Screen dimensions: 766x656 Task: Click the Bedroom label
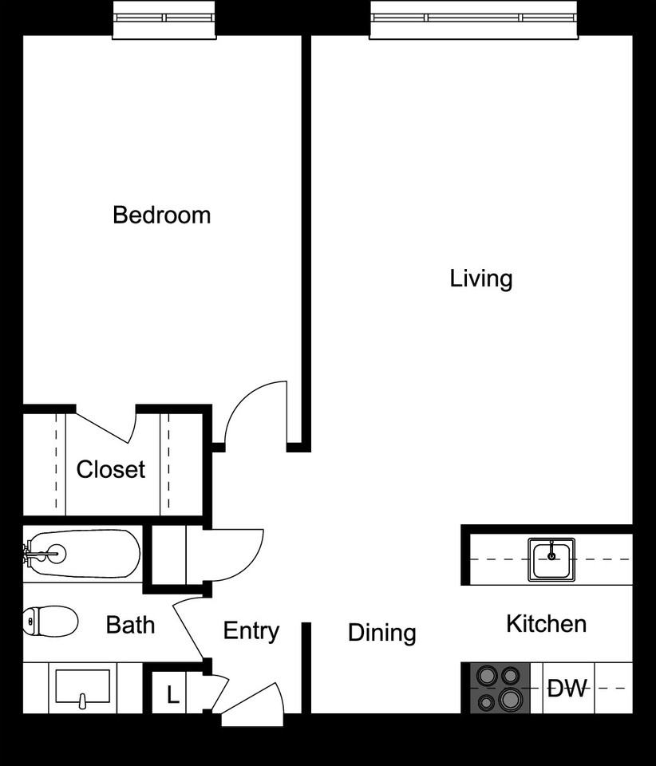161,215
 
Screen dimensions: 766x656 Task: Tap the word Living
480,278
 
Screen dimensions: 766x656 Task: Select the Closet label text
111,469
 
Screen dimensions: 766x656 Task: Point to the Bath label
130,624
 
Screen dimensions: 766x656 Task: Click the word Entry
251,630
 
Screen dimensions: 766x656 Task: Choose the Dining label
381,633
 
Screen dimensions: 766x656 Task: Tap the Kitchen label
546,623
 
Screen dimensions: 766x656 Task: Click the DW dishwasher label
567,688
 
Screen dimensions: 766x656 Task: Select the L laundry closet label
172,695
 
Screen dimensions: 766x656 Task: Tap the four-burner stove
496,688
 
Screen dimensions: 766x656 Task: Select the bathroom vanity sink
82,688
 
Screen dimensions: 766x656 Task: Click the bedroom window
164,18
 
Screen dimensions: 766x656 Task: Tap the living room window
473,18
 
